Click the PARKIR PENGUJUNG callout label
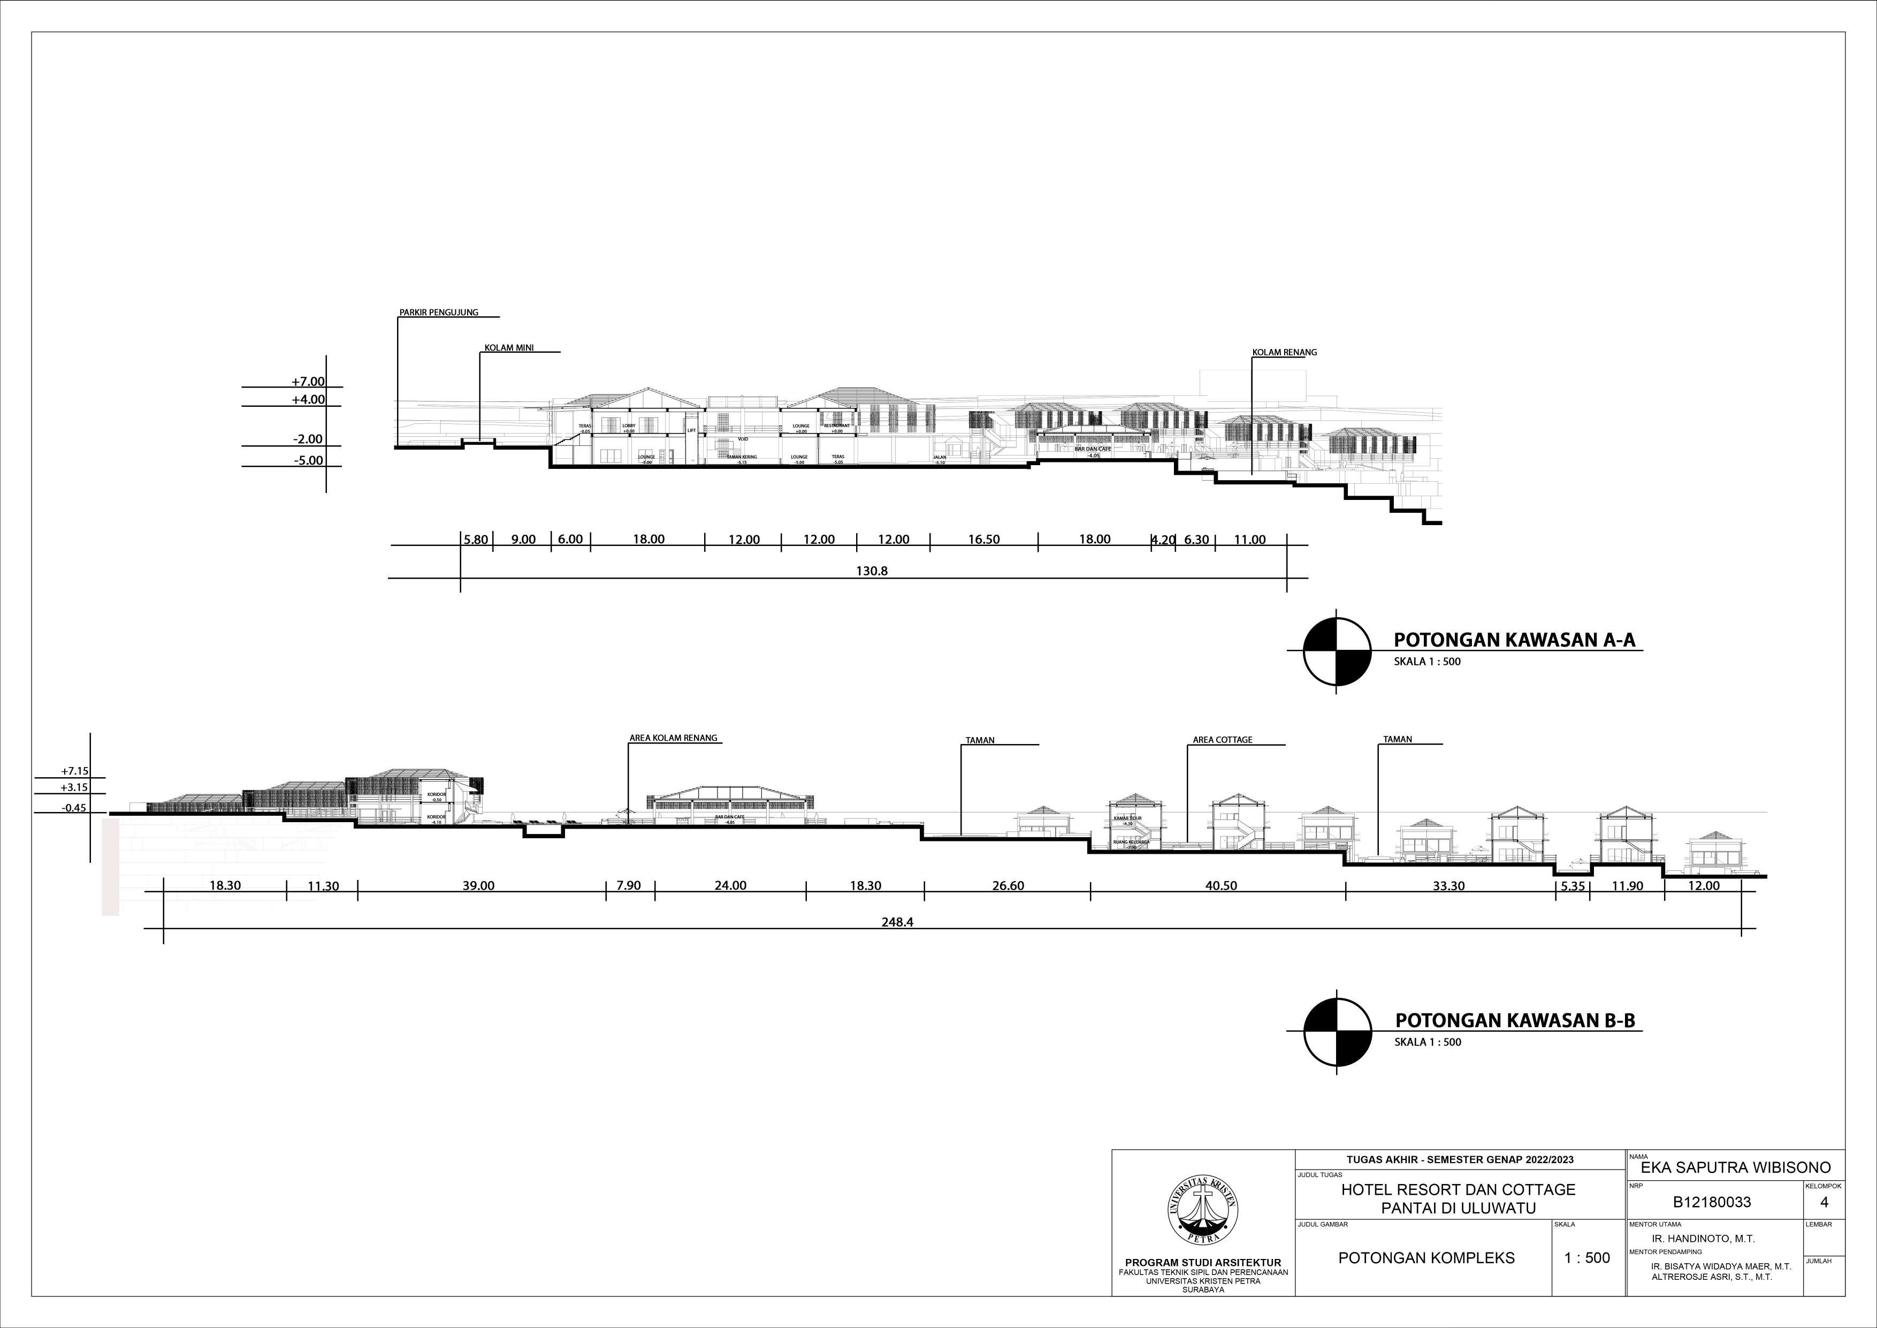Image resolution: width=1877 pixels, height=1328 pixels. pos(438,313)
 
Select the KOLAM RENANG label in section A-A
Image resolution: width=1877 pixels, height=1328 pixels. pos(1284,352)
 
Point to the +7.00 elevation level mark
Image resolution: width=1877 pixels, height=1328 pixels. pos(308,382)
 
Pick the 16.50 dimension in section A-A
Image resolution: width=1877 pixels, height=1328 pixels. pos(983,540)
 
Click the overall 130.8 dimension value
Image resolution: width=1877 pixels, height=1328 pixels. pos(872,572)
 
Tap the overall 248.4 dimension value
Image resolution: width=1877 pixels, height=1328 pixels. pos(897,922)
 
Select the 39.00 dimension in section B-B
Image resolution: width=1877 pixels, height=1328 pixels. pos(478,886)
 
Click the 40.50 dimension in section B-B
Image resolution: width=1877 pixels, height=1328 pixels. pos(1220,886)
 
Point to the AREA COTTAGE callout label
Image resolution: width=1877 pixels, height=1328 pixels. pos(1222,740)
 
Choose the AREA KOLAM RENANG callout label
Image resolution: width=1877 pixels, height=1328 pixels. pos(673,738)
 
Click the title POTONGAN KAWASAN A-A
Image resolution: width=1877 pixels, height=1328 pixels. pos(1514,640)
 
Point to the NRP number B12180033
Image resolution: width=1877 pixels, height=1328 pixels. pos(1712,1202)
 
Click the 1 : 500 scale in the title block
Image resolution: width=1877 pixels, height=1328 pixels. pos(1587,1258)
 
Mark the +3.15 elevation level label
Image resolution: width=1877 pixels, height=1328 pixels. pos(74,787)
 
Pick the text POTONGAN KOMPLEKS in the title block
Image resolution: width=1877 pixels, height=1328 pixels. pos(1426,1258)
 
